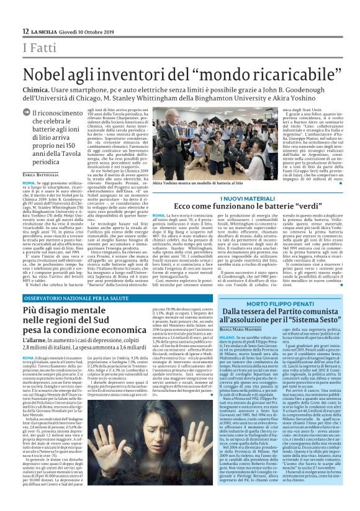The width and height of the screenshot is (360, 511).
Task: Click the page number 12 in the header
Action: (x=25, y=31)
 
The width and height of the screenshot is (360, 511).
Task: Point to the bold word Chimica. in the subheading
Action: (x=40, y=90)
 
